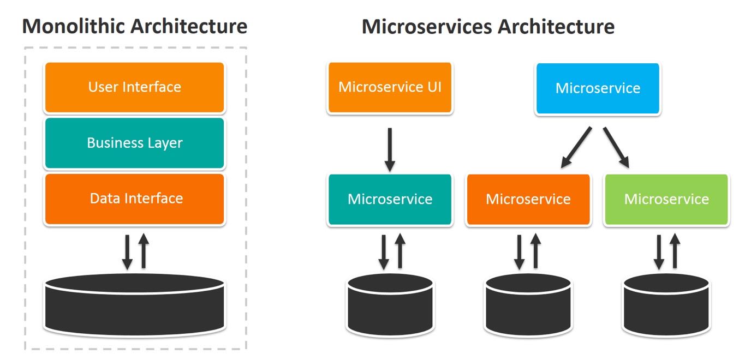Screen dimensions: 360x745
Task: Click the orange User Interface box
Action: (134, 87)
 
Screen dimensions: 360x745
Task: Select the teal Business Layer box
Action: (134, 143)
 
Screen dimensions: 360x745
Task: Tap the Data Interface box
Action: (134, 199)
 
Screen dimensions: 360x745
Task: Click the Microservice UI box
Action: (390, 88)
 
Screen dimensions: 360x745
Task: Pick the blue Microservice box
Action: (598, 88)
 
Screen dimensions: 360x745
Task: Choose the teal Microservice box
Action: (390, 200)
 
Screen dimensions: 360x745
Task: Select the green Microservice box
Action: (666, 200)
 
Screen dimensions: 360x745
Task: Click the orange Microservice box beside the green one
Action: (528, 200)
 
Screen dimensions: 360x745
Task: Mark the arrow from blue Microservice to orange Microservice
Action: (576, 147)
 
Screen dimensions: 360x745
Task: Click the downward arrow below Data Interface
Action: (127, 251)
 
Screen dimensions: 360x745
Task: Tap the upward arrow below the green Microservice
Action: (675, 251)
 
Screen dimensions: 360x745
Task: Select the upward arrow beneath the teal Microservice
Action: (400, 251)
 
